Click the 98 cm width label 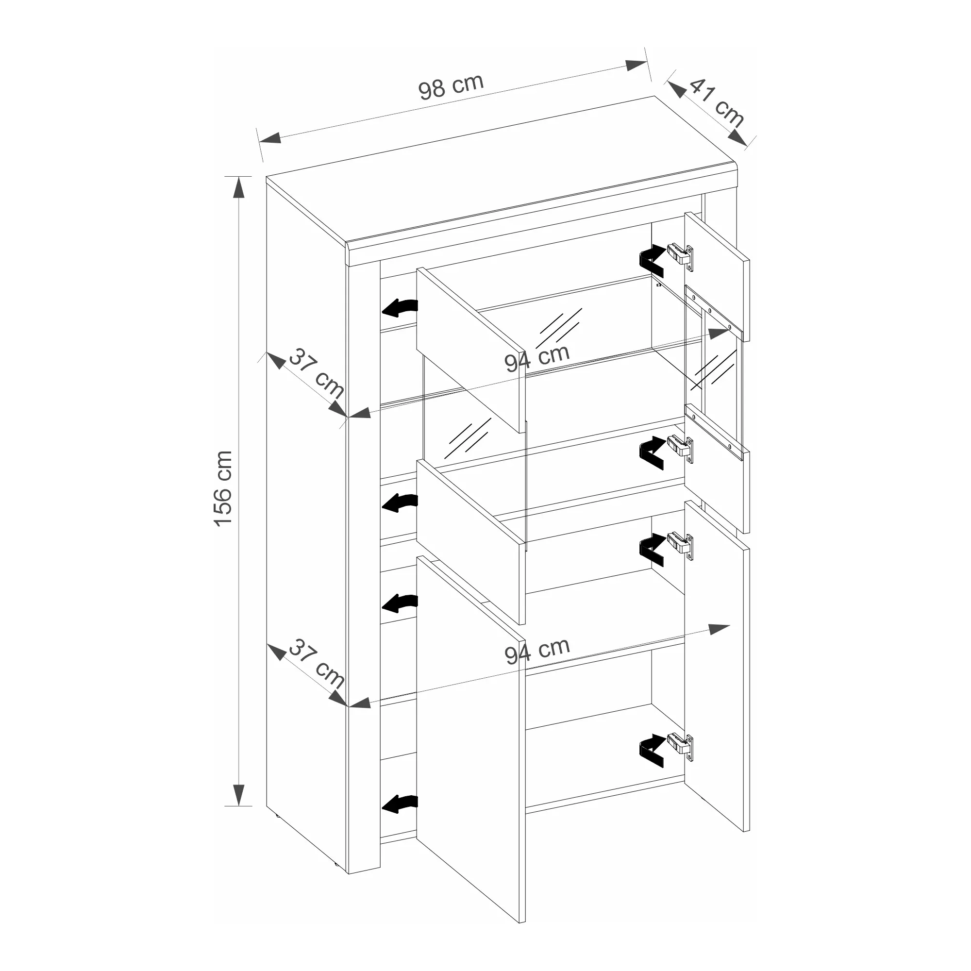[451, 86]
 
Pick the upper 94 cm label [537, 358]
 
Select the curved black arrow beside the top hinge [652, 260]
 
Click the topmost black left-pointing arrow [400, 308]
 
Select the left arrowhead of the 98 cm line [270, 138]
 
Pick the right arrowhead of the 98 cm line [636, 65]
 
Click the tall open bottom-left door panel [471, 739]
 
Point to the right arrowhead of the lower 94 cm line [719, 628]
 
